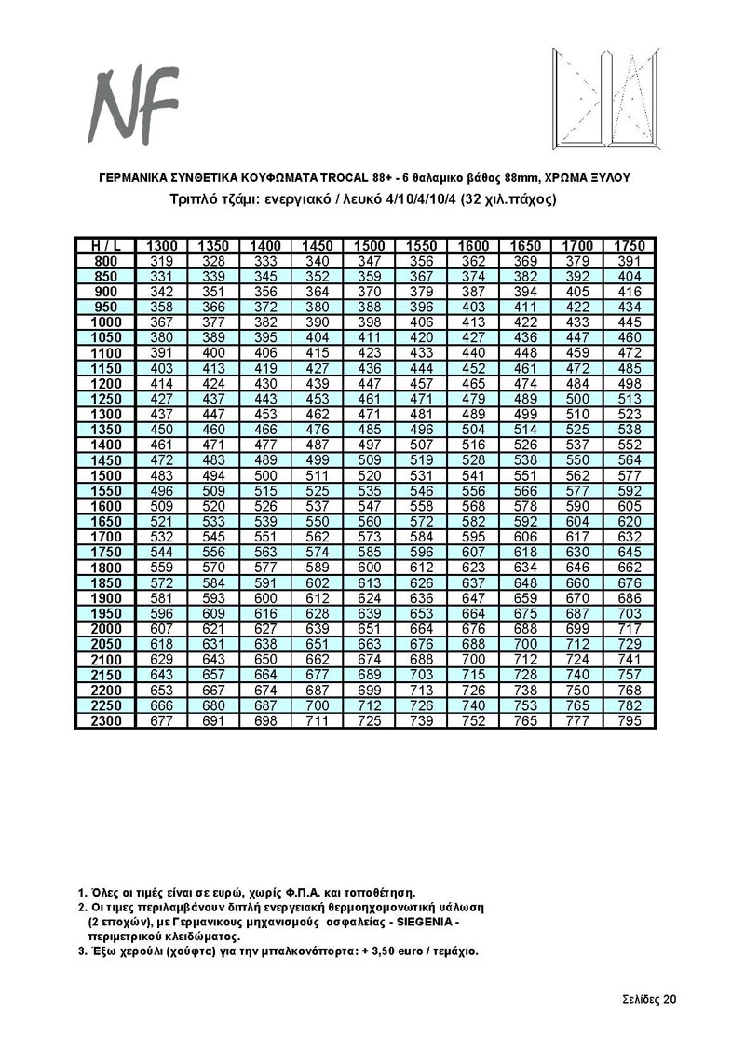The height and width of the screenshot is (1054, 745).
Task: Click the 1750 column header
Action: click(630, 245)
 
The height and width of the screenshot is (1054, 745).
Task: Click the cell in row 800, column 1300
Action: click(162, 261)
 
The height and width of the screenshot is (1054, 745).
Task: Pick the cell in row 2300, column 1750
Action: click(630, 721)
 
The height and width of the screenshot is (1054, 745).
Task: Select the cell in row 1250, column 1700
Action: click(578, 399)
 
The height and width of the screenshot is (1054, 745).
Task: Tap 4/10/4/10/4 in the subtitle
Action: click(442, 198)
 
